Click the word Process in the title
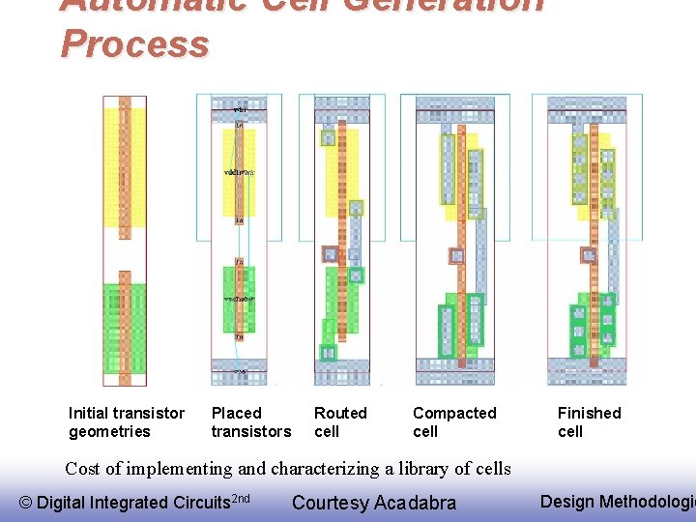134,43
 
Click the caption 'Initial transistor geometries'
126,422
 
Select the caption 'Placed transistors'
250,422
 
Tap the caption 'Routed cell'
340,422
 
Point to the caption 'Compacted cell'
453,422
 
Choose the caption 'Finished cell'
589,422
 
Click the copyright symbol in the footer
26,503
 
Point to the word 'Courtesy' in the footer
330,503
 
